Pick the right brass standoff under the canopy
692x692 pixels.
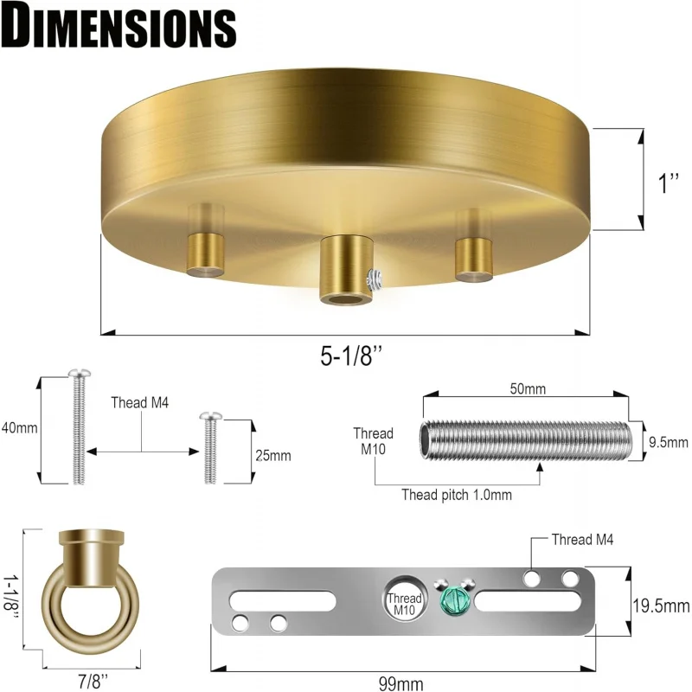tap(472, 255)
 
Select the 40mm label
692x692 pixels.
tap(19, 428)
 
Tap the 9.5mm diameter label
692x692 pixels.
tap(667, 442)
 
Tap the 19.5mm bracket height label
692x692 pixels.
tap(659, 604)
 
